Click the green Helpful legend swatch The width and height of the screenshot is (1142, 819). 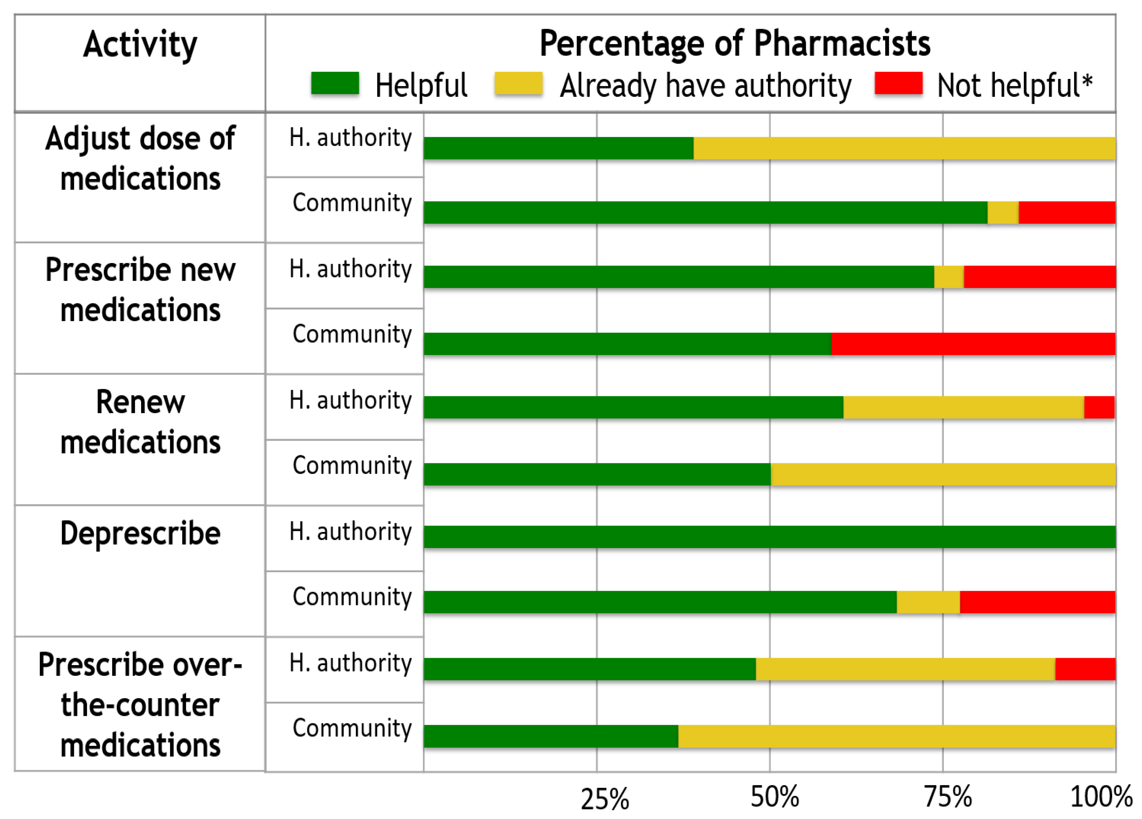335,83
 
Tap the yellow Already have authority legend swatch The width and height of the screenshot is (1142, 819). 518,83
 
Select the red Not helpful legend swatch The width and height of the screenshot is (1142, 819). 898,83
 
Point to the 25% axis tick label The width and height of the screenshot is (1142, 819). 605,799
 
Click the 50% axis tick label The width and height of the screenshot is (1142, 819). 774,797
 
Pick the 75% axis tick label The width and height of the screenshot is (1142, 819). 948,797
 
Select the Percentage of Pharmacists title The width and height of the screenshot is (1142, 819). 735,43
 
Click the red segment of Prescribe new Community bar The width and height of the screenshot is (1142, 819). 973,344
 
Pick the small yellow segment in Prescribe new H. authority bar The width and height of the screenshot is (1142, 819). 949,277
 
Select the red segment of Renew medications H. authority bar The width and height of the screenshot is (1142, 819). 1099,407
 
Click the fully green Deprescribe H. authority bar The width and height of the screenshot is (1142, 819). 769,537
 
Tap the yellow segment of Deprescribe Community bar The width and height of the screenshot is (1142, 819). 928,602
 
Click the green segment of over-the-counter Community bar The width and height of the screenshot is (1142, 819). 551,736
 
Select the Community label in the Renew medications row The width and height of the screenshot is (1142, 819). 352,466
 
